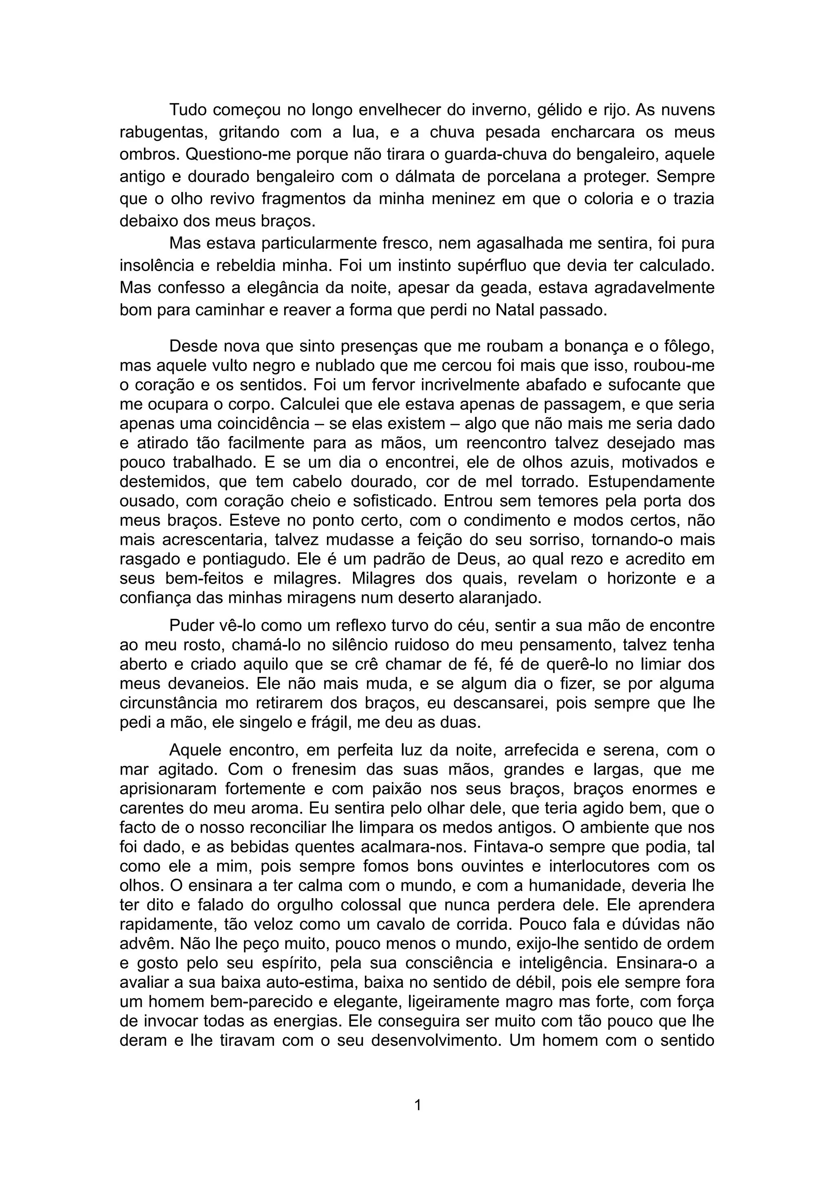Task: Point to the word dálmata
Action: click(404, 176)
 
